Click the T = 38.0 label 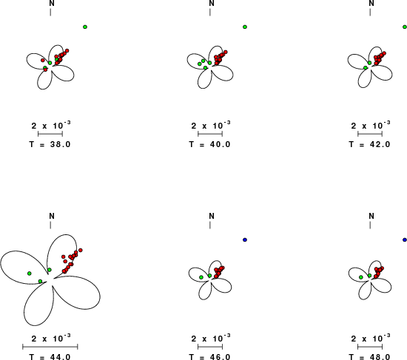pos(50,144)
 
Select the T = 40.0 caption pos(209,144)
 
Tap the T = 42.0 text pos(369,144)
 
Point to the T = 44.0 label pos(50,357)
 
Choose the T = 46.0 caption pos(209,357)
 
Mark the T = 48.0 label pos(369,357)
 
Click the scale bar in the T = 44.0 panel pos(50,347)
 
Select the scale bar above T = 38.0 pos(50,134)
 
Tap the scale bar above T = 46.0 pos(210,347)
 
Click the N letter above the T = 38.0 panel pos(52,4)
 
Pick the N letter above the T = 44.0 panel pos(52,216)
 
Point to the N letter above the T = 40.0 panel pos(212,4)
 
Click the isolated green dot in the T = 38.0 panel pos(85,27)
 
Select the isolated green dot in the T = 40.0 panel pos(245,27)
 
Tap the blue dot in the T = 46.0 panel pos(245,240)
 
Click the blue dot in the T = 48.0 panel pos(405,240)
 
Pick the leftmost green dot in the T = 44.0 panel pos(30,274)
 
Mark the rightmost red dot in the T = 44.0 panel pos(81,250)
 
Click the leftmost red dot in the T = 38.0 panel pos(43,61)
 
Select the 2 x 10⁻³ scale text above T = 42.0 pos(371,125)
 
